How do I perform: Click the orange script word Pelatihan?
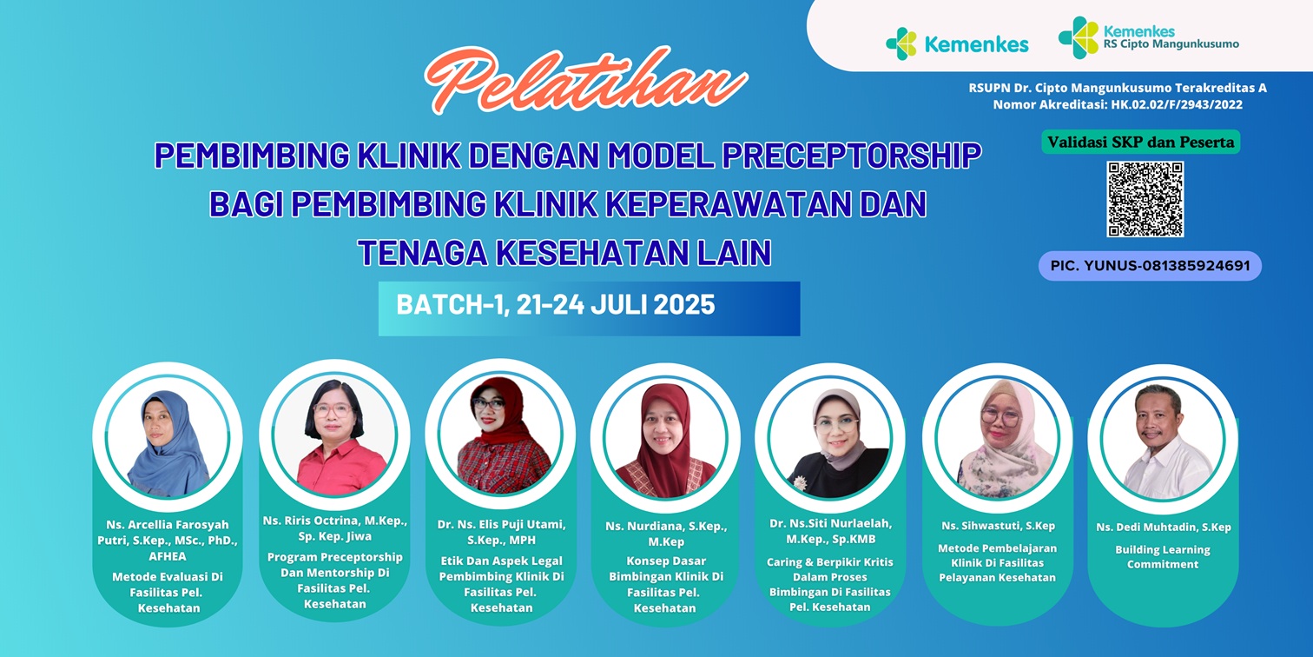[586, 80]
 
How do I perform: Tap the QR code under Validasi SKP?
[1145, 200]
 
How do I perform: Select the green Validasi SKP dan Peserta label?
[1141, 142]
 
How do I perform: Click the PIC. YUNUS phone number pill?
[1150, 266]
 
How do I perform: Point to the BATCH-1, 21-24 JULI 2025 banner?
[589, 309]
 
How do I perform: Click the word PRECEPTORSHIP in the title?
[852, 156]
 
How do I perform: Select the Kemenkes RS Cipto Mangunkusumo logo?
[1149, 37]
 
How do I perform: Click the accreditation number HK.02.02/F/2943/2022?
[1177, 104]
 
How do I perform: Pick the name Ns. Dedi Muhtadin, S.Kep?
[1164, 527]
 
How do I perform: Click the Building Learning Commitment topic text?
[1163, 557]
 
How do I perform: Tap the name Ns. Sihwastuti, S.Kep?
[999, 526]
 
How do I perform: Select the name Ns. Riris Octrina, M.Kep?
[334, 521]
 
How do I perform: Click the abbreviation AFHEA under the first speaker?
[168, 556]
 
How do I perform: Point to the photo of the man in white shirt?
[1163, 440]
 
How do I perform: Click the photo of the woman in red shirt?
[334, 435]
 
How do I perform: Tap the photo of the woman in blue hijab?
[168, 437]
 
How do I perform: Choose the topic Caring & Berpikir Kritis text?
[830, 562]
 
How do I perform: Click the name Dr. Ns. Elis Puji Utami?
[502, 524]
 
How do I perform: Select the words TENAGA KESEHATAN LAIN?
[564, 253]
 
